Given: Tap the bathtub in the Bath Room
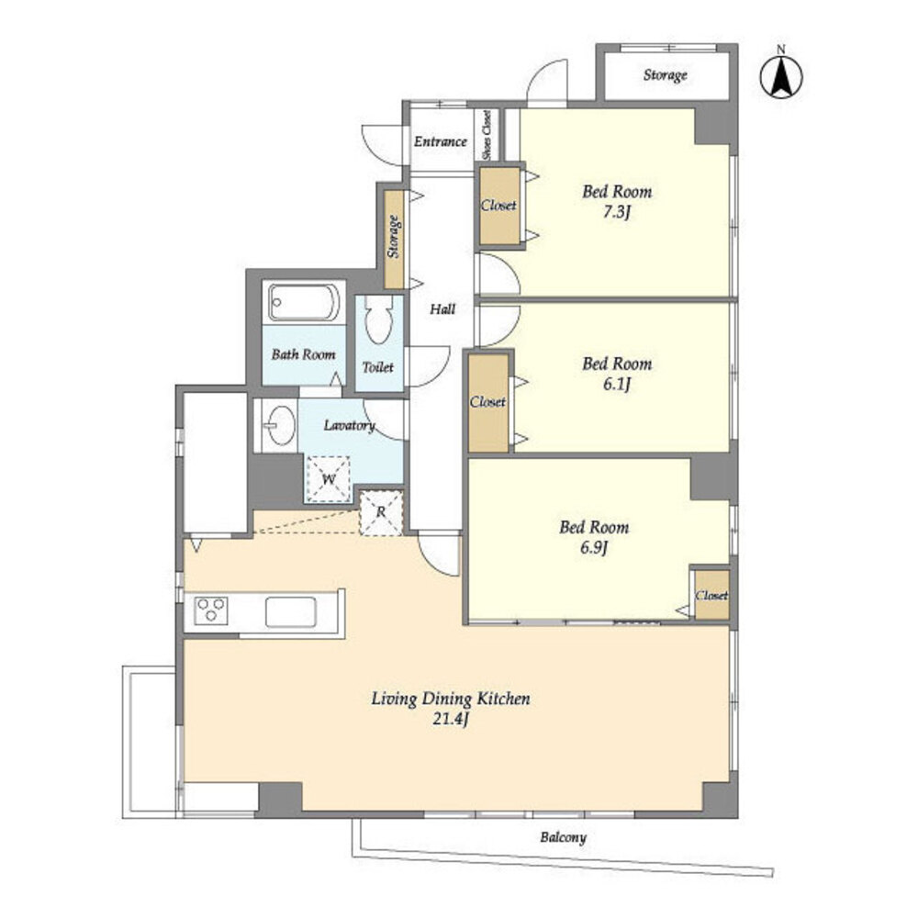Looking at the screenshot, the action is click(x=304, y=302).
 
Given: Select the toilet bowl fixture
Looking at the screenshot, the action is click(x=378, y=319).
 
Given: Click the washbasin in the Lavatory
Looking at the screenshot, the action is click(x=279, y=426).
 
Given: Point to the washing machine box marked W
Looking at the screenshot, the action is click(x=329, y=479).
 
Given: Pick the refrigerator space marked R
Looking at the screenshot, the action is click(x=381, y=512).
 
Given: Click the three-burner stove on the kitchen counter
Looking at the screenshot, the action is click(x=211, y=610).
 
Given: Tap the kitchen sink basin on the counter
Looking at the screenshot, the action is click(x=291, y=611).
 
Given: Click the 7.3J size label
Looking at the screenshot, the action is click(x=617, y=212).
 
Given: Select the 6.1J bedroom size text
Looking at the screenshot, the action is click(x=617, y=385).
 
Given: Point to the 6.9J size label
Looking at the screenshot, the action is click(x=594, y=548).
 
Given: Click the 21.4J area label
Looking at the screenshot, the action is click(x=450, y=719).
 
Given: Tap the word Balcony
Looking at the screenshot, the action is click(x=563, y=838).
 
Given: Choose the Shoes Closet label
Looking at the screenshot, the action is click(x=487, y=135).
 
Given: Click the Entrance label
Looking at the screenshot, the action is click(x=441, y=141).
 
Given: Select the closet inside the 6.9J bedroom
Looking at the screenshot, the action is click(x=712, y=595).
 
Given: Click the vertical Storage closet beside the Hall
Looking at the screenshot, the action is click(x=394, y=239).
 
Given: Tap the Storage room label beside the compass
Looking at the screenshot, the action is click(x=665, y=75).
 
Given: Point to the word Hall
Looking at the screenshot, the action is click(x=442, y=308).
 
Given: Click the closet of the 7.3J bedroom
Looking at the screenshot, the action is click(x=499, y=206).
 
